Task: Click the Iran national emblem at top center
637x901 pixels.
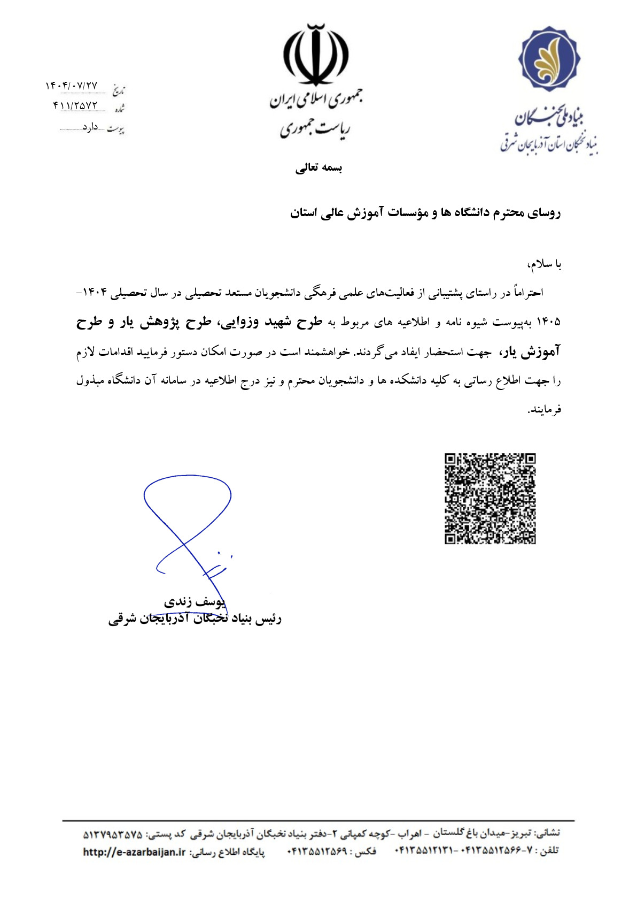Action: point(316,55)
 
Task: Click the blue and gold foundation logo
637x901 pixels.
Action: point(549,58)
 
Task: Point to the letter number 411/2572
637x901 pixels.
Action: point(75,105)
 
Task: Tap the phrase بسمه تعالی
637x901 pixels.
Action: point(318,168)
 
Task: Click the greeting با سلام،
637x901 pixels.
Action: point(544,264)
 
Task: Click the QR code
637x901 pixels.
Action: point(490,499)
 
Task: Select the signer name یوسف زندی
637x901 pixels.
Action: point(195,602)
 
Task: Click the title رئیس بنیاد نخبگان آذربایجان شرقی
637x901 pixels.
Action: point(195,619)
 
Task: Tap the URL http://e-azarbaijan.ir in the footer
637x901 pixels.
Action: point(134,852)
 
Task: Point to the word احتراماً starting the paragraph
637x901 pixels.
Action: point(527,293)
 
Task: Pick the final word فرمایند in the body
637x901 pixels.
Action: point(546,410)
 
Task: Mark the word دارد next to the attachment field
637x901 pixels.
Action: point(90,127)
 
